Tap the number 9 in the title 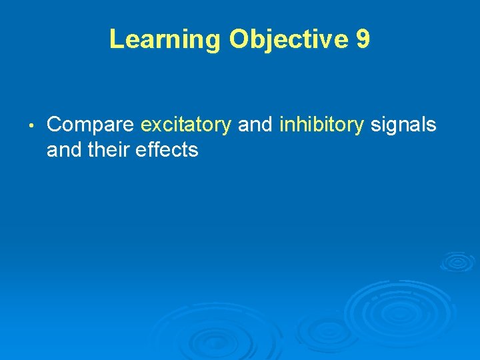click(x=363, y=39)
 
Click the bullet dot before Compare click(x=31, y=125)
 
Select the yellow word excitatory click(x=186, y=125)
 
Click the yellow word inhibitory click(x=322, y=125)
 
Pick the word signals click(x=403, y=125)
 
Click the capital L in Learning click(x=116, y=39)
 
